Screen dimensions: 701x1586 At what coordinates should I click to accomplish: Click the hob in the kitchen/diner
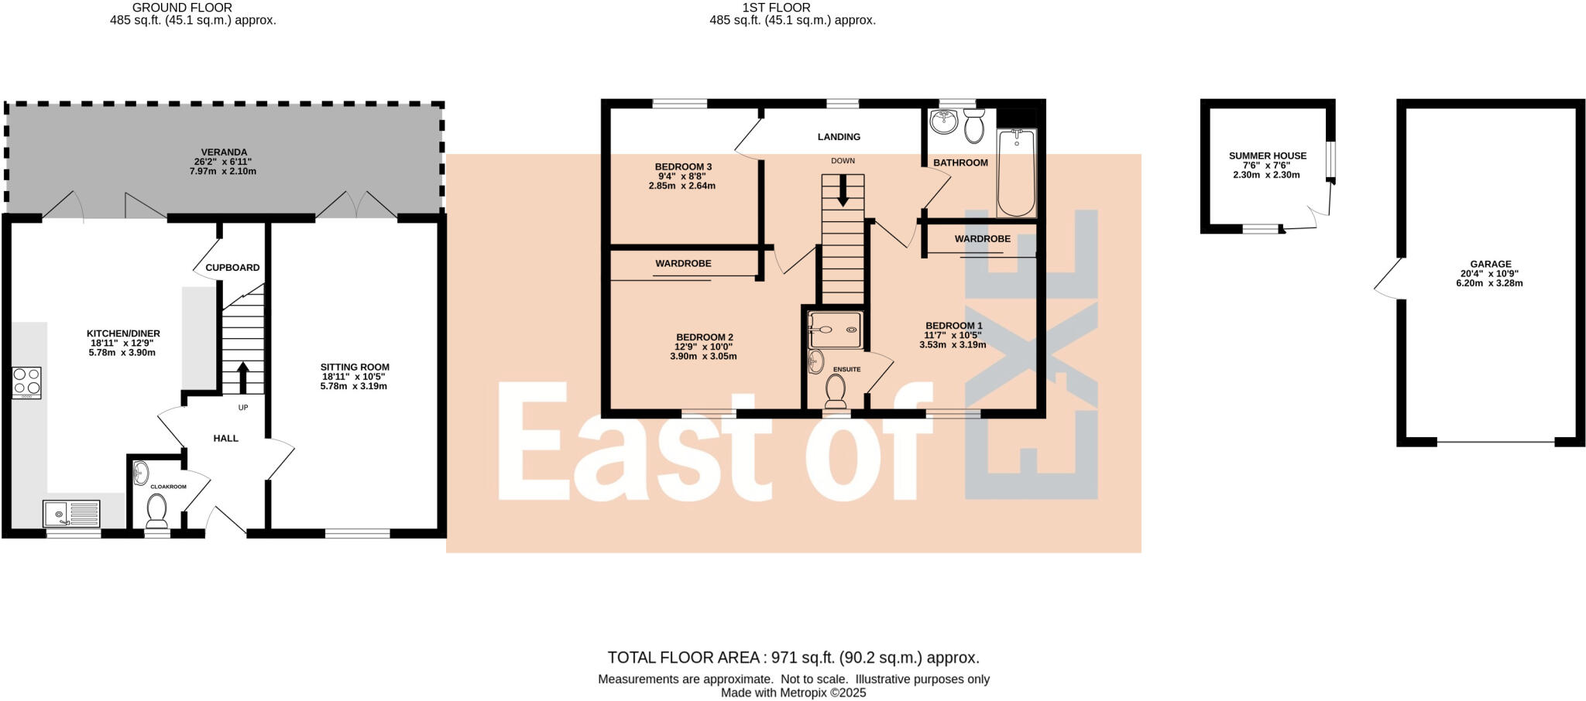pos(27,383)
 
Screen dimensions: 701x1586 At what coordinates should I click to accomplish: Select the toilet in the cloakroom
pos(156,511)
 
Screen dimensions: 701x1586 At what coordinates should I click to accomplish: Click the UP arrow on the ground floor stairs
pos(242,377)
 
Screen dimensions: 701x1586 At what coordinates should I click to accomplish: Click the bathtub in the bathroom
pos(1016,174)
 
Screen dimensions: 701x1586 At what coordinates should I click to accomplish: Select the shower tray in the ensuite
pos(835,330)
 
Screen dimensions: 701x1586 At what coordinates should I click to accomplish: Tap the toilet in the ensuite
pos(836,392)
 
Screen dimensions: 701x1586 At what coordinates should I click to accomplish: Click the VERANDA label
pos(225,152)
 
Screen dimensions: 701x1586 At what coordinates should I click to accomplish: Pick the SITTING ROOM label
pos(355,368)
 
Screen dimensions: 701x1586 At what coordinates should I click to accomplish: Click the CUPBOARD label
pos(232,268)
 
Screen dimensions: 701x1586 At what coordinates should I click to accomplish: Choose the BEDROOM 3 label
pos(683,167)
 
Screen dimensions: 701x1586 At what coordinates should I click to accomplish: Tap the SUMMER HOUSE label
pos(1268,156)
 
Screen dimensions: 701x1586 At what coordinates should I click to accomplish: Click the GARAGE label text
pos(1491,265)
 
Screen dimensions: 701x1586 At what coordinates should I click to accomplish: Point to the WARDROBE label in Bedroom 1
pos(982,239)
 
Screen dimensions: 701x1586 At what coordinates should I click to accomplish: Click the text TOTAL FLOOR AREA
pos(683,658)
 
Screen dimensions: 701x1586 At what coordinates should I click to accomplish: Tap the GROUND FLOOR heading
pos(182,8)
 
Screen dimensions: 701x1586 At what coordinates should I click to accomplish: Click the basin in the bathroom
pos(943,122)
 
